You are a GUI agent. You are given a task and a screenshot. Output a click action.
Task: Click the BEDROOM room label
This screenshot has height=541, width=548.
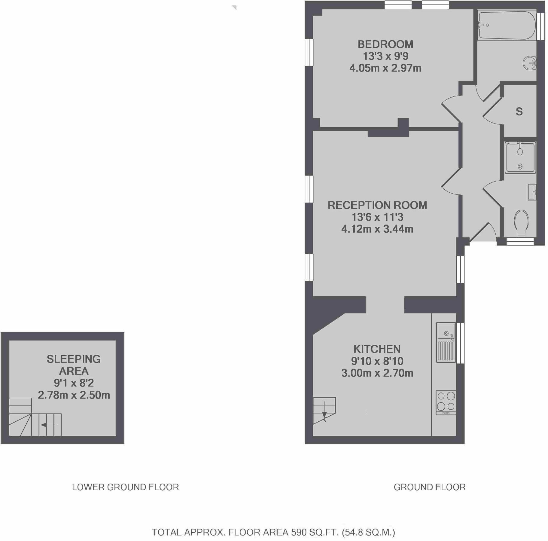coord(385,44)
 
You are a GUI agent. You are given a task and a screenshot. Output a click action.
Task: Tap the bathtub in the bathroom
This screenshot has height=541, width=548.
coord(507,25)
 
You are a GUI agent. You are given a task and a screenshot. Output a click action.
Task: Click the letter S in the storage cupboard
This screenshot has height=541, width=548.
coord(519,112)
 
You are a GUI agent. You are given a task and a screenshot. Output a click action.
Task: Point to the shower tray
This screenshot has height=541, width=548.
coord(520,158)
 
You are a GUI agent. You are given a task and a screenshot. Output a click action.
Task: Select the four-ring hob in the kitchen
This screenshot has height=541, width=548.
coord(446,402)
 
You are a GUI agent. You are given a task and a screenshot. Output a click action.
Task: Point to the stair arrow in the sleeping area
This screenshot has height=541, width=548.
coord(48,425)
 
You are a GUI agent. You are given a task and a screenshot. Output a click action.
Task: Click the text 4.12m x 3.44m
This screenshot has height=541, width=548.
coord(377,229)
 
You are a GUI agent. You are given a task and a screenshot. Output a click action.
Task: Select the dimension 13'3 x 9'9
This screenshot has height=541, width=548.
coord(385,56)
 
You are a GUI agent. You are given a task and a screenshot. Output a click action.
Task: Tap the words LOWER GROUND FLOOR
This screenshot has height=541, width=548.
coord(125,487)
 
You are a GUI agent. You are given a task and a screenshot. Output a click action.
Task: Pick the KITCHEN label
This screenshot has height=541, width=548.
coord(377,349)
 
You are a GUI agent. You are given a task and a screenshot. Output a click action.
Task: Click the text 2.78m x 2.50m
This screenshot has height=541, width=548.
coord(74,395)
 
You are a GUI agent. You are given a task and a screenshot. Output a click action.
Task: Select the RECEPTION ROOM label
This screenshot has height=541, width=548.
coord(377,205)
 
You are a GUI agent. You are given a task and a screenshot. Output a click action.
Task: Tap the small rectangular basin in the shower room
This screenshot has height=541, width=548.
coord(532,192)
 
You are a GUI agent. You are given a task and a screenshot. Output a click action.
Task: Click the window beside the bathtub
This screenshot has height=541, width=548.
coord(541,26)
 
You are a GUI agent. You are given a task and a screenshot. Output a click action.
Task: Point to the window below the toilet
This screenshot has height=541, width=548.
coord(520,242)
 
